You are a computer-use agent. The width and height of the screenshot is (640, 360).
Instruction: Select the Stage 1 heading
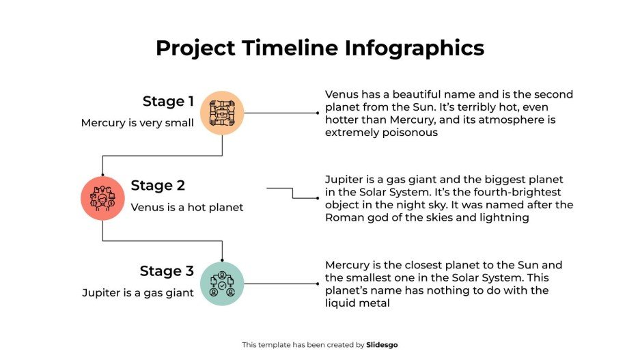tap(168, 102)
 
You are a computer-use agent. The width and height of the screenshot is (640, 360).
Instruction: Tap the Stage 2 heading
tap(158, 186)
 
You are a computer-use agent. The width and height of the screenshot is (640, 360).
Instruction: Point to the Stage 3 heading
tap(167, 271)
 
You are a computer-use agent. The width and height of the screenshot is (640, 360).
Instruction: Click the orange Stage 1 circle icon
tap(223, 113)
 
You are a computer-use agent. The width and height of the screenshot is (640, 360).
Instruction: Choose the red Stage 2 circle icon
tap(102, 198)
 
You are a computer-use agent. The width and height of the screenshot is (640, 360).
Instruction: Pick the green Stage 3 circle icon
tap(222, 283)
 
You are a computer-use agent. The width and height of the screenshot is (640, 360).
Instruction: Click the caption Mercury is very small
tap(137, 123)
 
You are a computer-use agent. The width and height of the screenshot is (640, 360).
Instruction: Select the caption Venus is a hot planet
tap(186, 207)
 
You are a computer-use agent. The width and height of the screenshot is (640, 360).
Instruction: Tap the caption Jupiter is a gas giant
tap(138, 292)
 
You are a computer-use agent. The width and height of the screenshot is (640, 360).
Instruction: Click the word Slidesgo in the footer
tap(382, 345)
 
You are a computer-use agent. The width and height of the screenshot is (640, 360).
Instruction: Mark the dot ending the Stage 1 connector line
tap(318, 113)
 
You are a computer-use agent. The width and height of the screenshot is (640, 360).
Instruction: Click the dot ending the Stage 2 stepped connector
tap(318, 198)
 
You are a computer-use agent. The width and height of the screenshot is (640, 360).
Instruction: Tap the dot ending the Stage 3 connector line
tap(318, 283)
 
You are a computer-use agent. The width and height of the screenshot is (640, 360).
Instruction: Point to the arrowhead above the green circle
tap(223, 260)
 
